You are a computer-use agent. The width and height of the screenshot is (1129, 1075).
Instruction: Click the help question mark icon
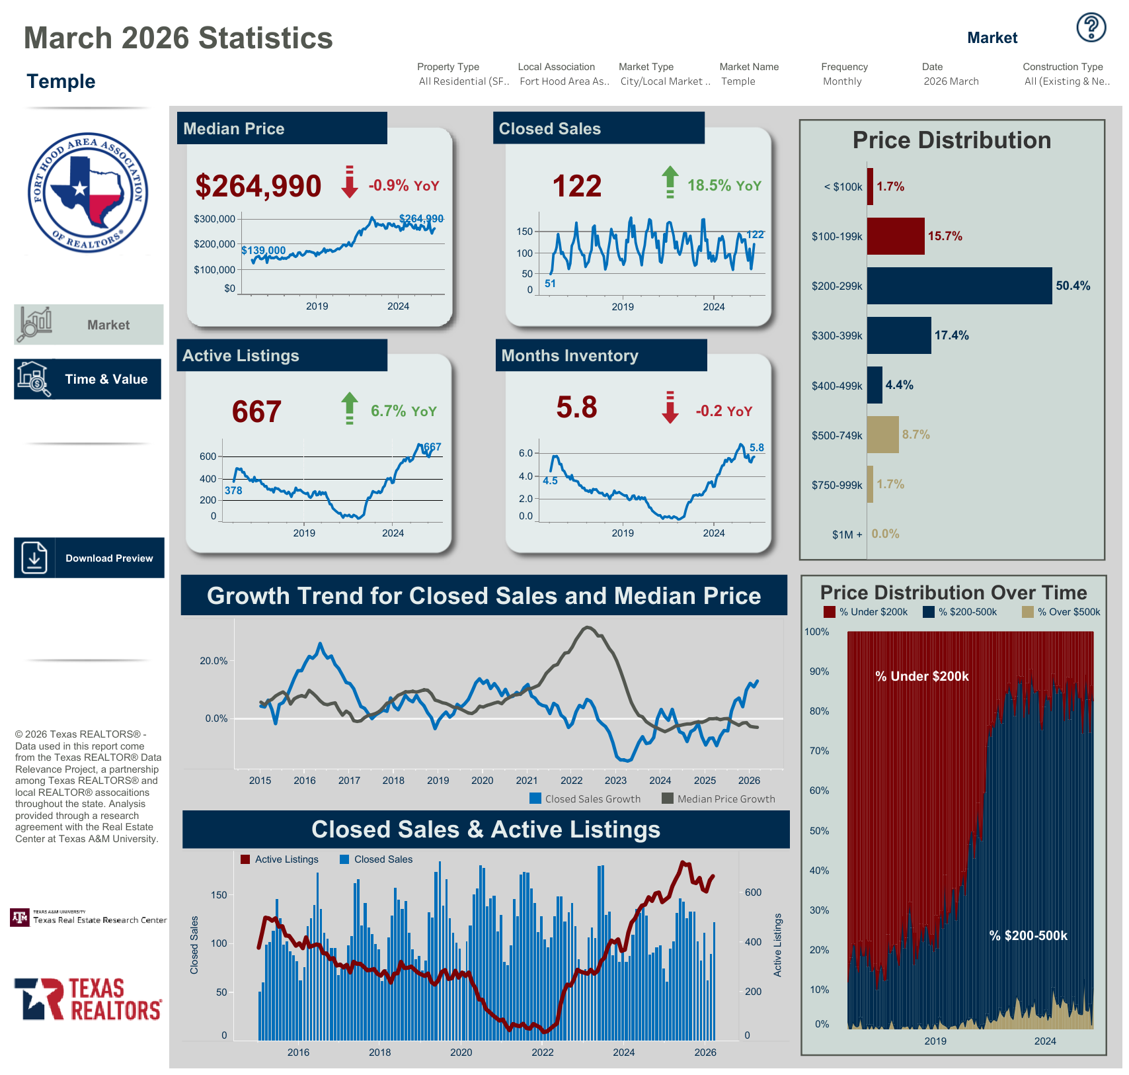pyautogui.click(x=1091, y=28)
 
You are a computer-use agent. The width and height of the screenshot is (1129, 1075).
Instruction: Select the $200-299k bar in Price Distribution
pyautogui.click(x=958, y=286)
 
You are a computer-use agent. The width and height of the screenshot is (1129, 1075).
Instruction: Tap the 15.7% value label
pyautogui.click(x=945, y=236)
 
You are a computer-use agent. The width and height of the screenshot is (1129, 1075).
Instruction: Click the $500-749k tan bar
pyautogui.click(x=882, y=435)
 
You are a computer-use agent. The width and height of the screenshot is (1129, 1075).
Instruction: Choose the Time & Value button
pyautogui.click(x=87, y=379)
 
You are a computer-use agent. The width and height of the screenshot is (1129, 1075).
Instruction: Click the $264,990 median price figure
pyautogui.click(x=258, y=186)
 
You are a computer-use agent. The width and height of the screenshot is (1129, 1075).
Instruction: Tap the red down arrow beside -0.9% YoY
pyautogui.click(x=350, y=182)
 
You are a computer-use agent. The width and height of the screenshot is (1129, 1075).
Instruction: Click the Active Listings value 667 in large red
pyautogui.click(x=256, y=411)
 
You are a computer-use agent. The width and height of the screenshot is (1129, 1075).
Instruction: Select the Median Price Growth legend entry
pyautogui.click(x=719, y=799)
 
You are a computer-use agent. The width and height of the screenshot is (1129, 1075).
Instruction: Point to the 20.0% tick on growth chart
pyautogui.click(x=214, y=661)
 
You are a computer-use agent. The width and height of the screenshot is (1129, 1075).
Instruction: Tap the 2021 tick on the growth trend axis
pyautogui.click(x=527, y=781)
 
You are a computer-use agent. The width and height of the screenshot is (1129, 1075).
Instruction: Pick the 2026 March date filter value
pyautogui.click(x=951, y=81)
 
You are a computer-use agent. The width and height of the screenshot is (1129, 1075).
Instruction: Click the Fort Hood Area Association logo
pyautogui.click(x=88, y=193)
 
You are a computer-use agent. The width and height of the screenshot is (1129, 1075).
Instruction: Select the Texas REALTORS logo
pyautogui.click(x=88, y=999)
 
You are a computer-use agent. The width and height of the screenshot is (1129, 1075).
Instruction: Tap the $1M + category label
pyautogui.click(x=847, y=535)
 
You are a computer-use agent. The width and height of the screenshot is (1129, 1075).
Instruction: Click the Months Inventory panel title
pyautogui.click(x=570, y=356)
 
